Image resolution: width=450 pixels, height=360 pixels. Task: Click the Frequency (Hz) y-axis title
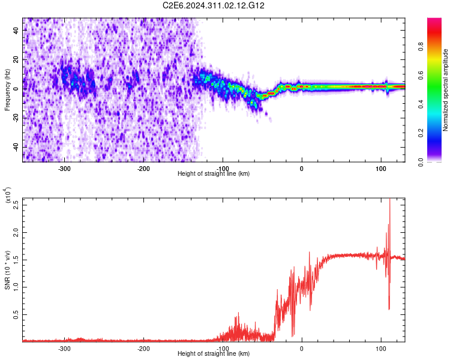pyautogui.click(x=7, y=90)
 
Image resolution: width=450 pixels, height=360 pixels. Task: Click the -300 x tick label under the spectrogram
pyautogui.click(x=64, y=169)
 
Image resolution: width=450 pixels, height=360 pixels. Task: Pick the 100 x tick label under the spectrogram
pyautogui.click(x=380, y=169)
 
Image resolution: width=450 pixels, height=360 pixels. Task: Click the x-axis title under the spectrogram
pyautogui.click(x=214, y=174)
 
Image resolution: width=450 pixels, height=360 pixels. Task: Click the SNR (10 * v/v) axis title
pyautogui.click(x=7, y=270)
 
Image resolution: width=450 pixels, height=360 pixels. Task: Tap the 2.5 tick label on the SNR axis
pyautogui.click(x=16, y=204)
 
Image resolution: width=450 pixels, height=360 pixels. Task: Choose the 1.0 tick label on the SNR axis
pyautogui.click(x=16, y=286)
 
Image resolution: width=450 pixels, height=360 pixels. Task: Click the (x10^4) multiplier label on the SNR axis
pyautogui.click(x=8, y=196)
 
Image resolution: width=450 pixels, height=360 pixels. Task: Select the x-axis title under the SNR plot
pyautogui.click(x=214, y=353)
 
